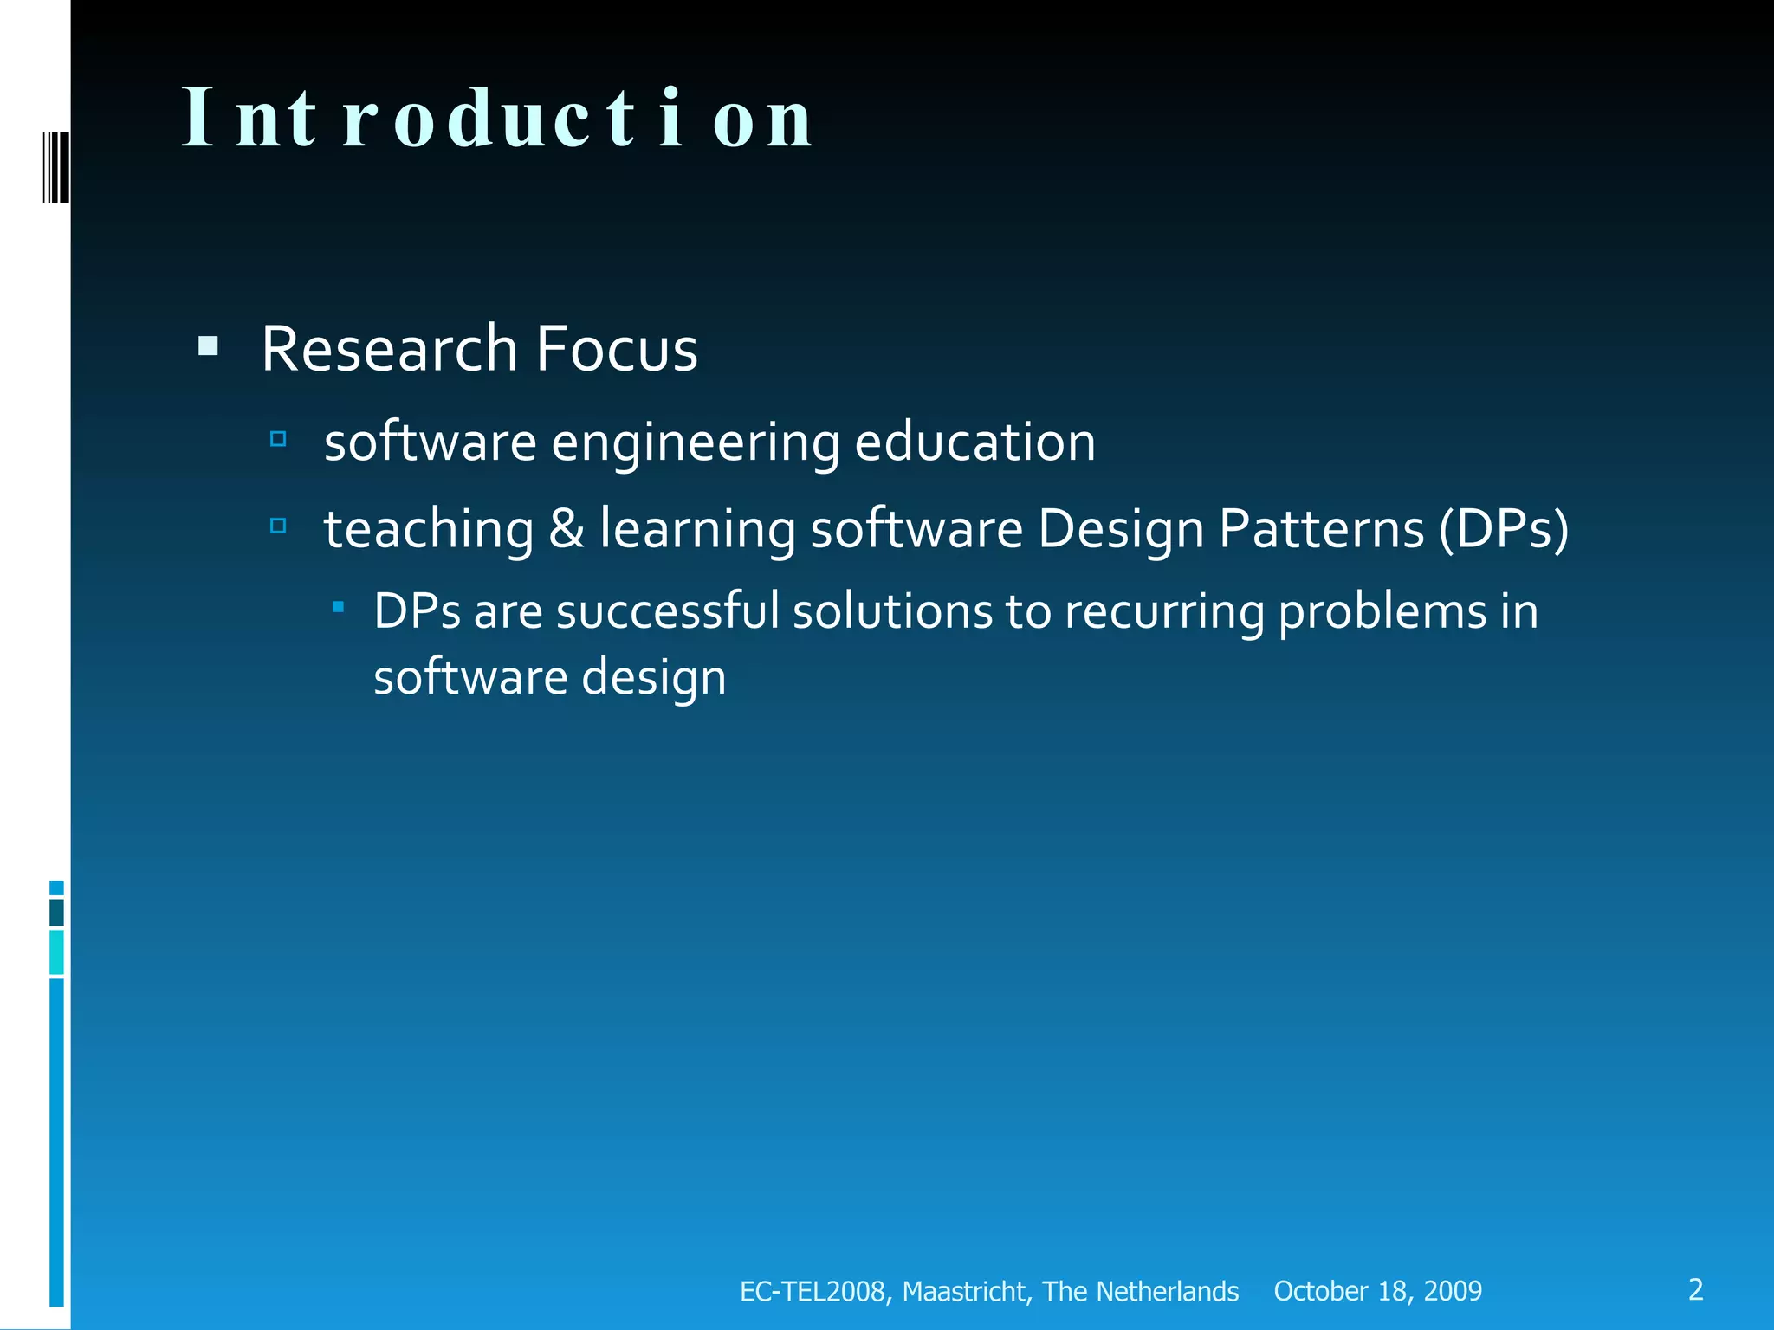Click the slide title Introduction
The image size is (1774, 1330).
[x=497, y=119]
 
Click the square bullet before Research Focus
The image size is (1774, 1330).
[x=208, y=347]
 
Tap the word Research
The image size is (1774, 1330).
[x=389, y=349]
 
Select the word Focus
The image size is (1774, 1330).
[x=616, y=349]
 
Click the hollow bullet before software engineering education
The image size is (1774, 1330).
[x=278, y=439]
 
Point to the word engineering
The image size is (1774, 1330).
[x=695, y=442]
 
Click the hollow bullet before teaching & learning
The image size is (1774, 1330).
[x=278, y=526]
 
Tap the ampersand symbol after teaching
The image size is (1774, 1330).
[x=566, y=528]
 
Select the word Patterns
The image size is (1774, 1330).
[x=1321, y=528]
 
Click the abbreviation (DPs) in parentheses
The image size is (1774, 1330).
[x=1503, y=528]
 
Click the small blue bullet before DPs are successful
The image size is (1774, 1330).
[x=339, y=608]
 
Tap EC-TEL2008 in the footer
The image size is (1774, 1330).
[x=812, y=1291]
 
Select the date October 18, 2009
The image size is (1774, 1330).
[x=1377, y=1291]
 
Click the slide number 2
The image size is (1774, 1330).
[x=1695, y=1289]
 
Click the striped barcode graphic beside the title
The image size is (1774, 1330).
[x=56, y=167]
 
